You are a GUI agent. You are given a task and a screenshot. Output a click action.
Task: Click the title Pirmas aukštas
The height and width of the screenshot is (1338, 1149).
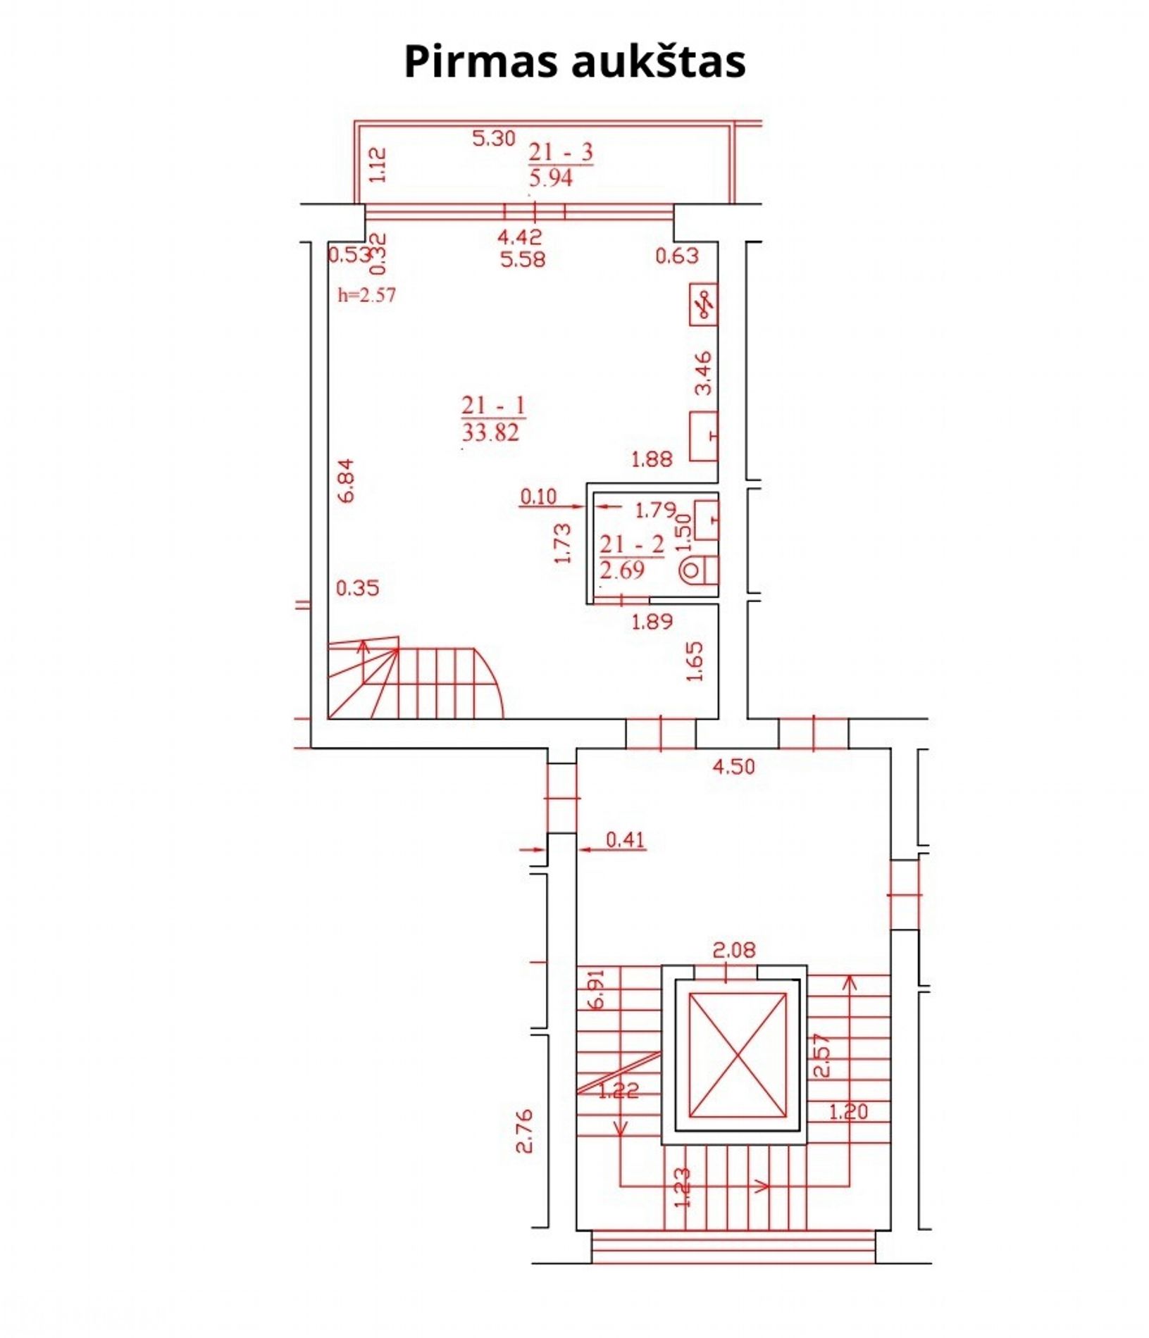pos(574,61)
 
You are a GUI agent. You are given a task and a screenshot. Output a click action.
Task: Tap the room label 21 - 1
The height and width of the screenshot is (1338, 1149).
pos(493,406)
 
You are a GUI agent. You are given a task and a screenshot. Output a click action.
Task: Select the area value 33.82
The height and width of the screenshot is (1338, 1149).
pos(490,432)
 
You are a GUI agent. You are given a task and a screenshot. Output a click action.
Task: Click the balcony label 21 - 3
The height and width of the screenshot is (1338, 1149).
pos(561,152)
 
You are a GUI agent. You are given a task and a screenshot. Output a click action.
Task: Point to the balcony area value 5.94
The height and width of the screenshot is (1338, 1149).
pos(551,177)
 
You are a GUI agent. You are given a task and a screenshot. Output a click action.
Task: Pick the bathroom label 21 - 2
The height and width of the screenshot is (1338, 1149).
pos(632,544)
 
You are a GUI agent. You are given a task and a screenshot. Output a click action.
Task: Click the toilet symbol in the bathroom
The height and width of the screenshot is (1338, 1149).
pos(700,570)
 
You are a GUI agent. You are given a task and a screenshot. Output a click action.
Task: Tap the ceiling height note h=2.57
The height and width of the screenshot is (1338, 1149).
pos(366,295)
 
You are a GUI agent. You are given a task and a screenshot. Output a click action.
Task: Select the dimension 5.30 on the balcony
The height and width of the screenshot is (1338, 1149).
pos(494,138)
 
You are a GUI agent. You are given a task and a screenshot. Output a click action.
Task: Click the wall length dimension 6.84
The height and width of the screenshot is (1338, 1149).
pos(346,480)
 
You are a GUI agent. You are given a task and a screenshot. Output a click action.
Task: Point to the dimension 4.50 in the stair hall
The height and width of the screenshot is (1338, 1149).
pos(733,766)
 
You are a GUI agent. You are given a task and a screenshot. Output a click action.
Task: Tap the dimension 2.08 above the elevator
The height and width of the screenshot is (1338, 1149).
pos(734,950)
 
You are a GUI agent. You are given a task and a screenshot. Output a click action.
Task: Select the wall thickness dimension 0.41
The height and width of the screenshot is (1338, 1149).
pos(626,839)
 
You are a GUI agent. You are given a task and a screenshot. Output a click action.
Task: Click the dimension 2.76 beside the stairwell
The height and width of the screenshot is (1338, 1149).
pos(524,1131)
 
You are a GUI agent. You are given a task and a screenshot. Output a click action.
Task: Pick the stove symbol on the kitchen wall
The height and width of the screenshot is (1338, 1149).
pos(704,304)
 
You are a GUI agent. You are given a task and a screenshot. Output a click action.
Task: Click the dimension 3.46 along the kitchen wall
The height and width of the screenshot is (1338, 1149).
pos(703,373)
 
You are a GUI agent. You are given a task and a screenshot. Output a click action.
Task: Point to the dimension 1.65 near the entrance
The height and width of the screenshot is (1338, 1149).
pos(695,661)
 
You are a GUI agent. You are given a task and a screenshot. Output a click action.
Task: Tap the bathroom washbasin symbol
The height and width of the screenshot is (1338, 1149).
pos(707,520)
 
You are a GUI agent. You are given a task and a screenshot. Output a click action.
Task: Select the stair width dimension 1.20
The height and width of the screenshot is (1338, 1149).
pos(848,1112)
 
